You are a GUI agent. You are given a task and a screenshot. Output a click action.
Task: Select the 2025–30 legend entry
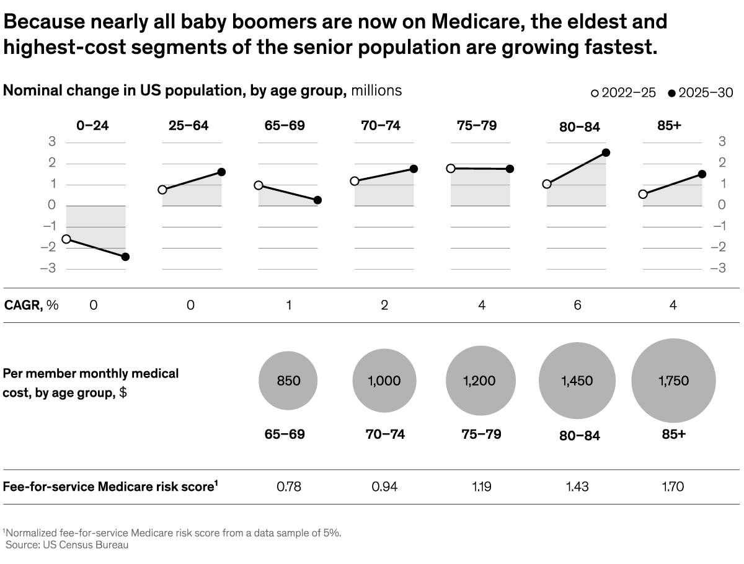(x=700, y=93)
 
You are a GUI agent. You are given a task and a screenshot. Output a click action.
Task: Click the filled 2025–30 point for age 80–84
(x=606, y=152)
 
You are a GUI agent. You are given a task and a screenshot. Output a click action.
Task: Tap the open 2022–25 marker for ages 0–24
(x=66, y=239)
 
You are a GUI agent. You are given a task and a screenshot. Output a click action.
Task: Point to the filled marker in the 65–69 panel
(x=317, y=200)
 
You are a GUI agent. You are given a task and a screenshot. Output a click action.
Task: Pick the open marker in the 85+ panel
(x=643, y=194)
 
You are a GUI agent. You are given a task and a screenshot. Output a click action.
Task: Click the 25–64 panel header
(x=188, y=126)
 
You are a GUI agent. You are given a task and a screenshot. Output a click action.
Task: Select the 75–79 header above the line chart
(x=477, y=126)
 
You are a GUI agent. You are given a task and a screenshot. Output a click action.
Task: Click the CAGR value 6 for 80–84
(x=577, y=305)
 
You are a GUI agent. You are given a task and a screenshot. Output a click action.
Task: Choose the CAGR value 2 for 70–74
(x=385, y=305)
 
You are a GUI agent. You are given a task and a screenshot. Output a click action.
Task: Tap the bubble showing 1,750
(x=673, y=381)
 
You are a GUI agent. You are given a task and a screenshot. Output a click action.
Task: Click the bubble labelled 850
(x=288, y=381)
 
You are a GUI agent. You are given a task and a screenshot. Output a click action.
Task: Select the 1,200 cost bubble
(x=479, y=381)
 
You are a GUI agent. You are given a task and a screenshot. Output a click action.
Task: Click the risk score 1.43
(x=577, y=487)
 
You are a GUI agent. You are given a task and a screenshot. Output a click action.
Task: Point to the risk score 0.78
(x=289, y=487)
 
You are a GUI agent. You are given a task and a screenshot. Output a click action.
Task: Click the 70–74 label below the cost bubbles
(x=384, y=434)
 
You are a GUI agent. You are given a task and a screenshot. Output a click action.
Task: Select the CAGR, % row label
(x=31, y=305)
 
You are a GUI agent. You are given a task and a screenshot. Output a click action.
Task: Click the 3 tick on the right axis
(x=722, y=142)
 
